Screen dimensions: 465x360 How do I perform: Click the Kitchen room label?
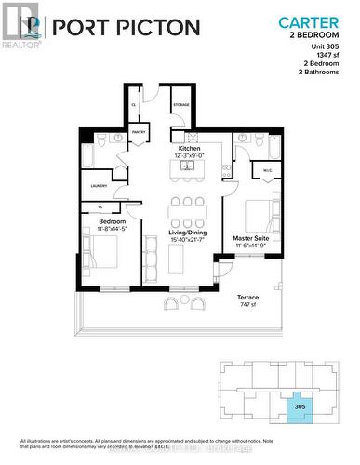[x=190, y=147]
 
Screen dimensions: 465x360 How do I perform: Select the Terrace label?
[x=247, y=297]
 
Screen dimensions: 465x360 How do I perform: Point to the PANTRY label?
[x=139, y=132]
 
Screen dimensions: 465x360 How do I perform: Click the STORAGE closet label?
[x=180, y=104]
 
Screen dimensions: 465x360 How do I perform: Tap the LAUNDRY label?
[x=99, y=186]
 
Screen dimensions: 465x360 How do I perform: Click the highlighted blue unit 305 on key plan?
[x=299, y=406]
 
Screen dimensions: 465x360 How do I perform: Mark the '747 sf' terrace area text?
[x=247, y=305]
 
